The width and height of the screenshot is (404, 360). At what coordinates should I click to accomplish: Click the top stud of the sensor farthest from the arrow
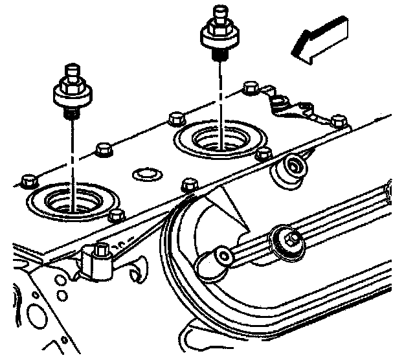tap(72, 69)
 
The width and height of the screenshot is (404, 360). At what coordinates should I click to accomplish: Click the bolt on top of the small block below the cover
tap(101, 249)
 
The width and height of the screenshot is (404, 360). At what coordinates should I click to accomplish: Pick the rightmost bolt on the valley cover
tap(337, 120)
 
